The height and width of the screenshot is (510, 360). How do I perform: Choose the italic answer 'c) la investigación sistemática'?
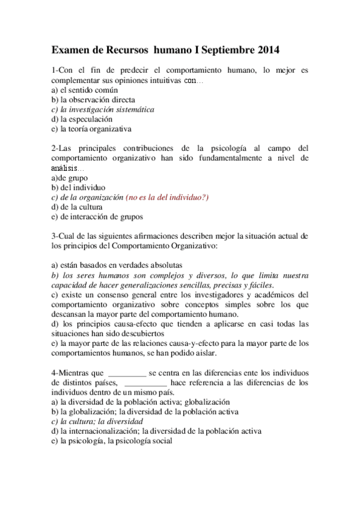103,109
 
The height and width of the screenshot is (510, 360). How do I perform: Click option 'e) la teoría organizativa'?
91,129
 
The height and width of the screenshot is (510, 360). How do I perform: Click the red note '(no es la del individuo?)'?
167,197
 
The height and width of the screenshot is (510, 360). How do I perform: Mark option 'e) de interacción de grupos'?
97,217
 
